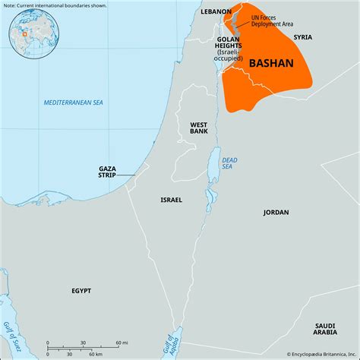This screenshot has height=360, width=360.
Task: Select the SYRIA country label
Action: pyautogui.click(x=303, y=36)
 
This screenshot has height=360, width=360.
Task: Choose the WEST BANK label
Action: pyautogui.click(x=199, y=127)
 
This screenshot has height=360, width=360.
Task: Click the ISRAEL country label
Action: pyautogui.click(x=171, y=200)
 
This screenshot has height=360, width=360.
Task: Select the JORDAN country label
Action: pyautogui.click(x=276, y=212)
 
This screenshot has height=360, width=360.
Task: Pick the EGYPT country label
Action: pyautogui.click(x=81, y=291)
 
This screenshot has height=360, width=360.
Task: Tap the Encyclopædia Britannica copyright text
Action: pyautogui.click(x=317, y=354)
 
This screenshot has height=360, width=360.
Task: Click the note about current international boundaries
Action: pyautogui.click(x=55, y=5)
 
